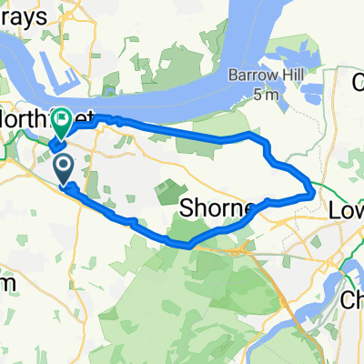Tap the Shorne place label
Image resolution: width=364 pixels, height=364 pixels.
tap(217, 208)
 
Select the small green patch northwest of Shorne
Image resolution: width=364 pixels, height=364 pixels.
tap(169, 192)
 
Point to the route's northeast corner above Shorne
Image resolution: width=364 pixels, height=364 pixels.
tap(251, 135)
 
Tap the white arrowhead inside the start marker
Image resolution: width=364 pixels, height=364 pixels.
tap(65, 165)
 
